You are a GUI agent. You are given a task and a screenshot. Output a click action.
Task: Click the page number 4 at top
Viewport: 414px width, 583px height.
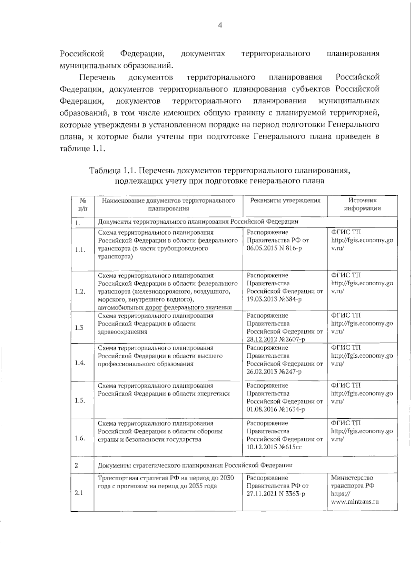220,25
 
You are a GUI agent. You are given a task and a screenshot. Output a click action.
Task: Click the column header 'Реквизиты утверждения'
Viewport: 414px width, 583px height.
285,201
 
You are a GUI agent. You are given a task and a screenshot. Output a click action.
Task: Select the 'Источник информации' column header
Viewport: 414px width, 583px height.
362,204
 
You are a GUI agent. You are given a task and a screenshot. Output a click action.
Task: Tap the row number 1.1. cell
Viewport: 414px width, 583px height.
80,250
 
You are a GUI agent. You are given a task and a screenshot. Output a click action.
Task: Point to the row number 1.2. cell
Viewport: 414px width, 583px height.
80,291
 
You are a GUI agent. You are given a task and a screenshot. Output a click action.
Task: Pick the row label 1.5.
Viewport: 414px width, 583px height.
80,400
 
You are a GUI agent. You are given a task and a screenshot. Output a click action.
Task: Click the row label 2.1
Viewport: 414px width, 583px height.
79,493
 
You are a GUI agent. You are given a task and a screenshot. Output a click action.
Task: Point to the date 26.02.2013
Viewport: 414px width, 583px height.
262,372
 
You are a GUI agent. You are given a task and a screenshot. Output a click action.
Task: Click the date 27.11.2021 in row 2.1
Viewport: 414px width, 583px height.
262,494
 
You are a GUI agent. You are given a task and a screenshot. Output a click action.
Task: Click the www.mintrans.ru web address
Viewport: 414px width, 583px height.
355,502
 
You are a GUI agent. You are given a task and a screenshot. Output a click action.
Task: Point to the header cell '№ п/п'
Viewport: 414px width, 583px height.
83,204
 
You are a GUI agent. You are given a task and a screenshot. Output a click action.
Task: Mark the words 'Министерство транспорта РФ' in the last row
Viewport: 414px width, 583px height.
353,482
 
